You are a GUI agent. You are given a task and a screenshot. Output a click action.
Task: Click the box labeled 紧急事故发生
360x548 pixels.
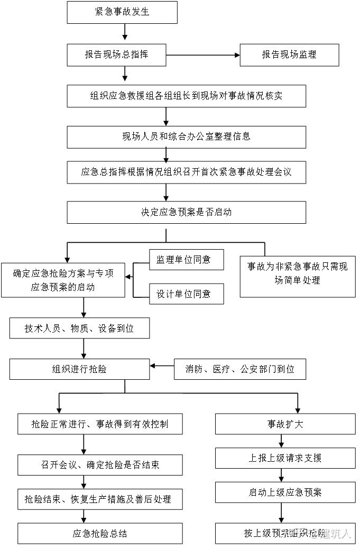(x=122, y=12)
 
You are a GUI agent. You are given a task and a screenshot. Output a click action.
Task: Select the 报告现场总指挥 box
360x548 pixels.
(x=117, y=54)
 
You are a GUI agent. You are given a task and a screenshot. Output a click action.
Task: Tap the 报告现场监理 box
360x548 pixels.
(x=289, y=54)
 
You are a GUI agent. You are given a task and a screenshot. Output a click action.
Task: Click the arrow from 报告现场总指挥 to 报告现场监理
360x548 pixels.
(x=203, y=54)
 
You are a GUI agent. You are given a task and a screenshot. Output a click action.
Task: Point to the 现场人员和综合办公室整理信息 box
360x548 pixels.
(x=187, y=136)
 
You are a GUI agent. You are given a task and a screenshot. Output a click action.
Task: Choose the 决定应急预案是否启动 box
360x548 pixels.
(x=187, y=213)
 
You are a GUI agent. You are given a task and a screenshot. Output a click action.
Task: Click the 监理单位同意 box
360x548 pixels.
(x=186, y=260)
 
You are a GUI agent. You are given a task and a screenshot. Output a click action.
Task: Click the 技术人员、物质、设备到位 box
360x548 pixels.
(x=79, y=328)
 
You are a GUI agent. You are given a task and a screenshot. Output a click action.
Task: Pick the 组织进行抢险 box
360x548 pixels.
(x=79, y=369)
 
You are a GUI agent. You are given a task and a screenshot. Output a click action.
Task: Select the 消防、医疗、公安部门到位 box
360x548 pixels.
(x=241, y=369)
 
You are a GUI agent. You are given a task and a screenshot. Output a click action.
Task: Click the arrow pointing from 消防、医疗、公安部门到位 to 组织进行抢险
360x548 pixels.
(x=162, y=366)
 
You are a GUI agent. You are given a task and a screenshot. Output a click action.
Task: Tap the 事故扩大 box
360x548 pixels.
(x=285, y=424)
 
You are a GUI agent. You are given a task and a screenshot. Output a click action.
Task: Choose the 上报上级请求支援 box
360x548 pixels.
(x=285, y=458)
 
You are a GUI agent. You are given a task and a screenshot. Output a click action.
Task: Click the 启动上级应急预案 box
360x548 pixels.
(x=285, y=492)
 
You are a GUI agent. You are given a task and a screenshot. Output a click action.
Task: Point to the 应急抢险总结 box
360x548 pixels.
(x=100, y=533)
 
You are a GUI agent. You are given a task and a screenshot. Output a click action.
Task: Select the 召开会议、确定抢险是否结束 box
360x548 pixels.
(x=100, y=465)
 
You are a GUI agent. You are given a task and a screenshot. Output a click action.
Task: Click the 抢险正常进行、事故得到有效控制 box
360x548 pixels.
(x=100, y=424)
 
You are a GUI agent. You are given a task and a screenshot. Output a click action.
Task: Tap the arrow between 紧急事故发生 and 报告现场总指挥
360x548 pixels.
(x=125, y=33)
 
